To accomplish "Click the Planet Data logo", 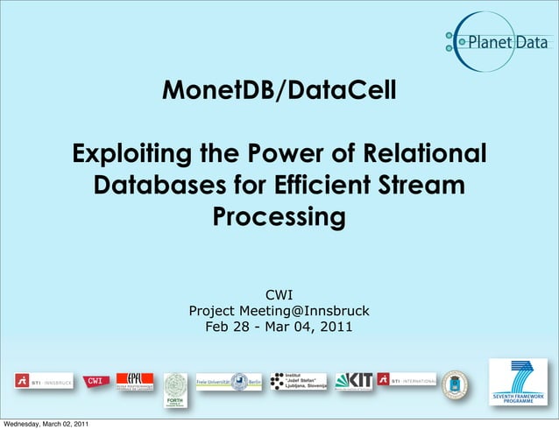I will [x=496, y=42].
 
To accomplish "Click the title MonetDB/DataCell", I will [x=279, y=89].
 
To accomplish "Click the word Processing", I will [x=279, y=216].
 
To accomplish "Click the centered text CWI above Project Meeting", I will [x=279, y=295].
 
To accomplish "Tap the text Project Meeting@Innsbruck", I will [x=279, y=311].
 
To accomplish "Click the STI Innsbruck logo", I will [x=43, y=382].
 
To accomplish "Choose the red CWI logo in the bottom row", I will [x=95, y=381].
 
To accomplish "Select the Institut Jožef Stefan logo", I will [x=298, y=381].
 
